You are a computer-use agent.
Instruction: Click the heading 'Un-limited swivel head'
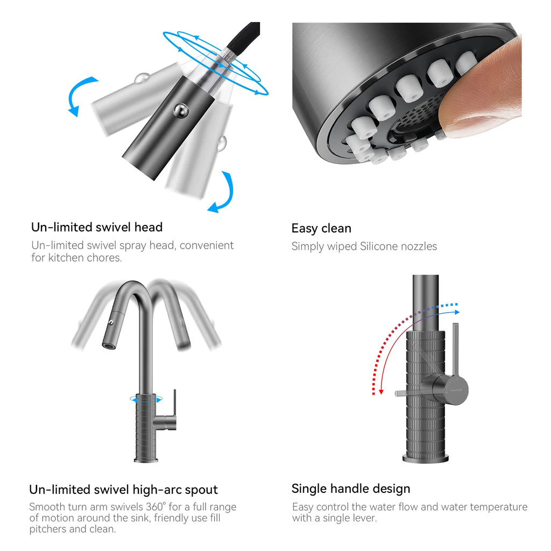[x=97, y=227]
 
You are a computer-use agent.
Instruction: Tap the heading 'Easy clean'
[x=321, y=228]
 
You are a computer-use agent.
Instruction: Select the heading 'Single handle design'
[x=351, y=489]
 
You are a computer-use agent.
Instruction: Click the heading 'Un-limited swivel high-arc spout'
[x=123, y=490]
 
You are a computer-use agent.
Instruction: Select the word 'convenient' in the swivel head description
[x=207, y=245]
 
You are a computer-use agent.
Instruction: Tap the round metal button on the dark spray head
[x=181, y=110]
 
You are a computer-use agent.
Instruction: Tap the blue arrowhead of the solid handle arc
[x=457, y=312]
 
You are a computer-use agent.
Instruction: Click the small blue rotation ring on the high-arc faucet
[x=146, y=399]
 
